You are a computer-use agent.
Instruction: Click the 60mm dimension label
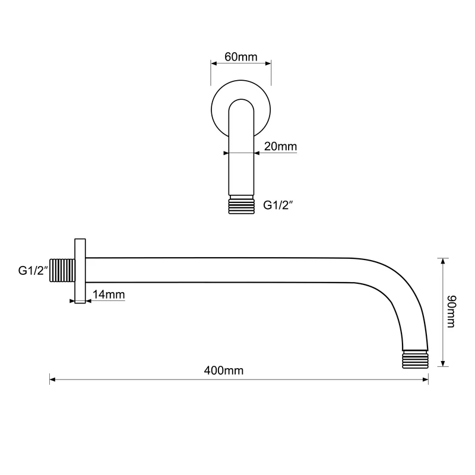click(x=241, y=56)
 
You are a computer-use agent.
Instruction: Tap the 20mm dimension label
click(x=280, y=146)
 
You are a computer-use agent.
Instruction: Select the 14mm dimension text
click(x=109, y=294)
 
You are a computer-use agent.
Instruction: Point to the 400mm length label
click(x=224, y=370)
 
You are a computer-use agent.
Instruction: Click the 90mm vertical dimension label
click(x=451, y=311)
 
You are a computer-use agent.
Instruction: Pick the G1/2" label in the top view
click(x=278, y=205)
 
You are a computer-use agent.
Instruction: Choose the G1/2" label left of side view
click(x=33, y=270)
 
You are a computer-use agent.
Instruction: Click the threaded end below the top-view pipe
click(x=242, y=205)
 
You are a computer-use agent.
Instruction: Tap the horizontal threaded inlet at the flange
click(x=62, y=270)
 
